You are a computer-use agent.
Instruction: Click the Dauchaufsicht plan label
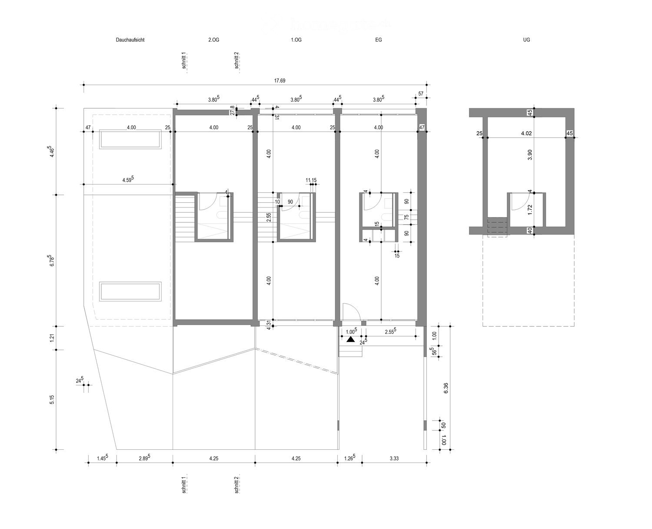[130, 40]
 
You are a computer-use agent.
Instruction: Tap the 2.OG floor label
[213, 40]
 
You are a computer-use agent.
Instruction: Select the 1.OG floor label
[296, 40]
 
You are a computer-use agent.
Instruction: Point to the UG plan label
[527, 40]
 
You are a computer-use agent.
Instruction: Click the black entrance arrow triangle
[351, 339]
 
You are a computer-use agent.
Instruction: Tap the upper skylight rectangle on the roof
[130, 139]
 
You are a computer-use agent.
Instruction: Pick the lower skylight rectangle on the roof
[130, 291]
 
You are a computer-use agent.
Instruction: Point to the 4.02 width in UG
[527, 134]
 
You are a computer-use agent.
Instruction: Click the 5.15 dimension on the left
[52, 400]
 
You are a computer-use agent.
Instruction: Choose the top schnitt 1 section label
[184, 61]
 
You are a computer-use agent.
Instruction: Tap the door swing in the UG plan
[517, 201]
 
